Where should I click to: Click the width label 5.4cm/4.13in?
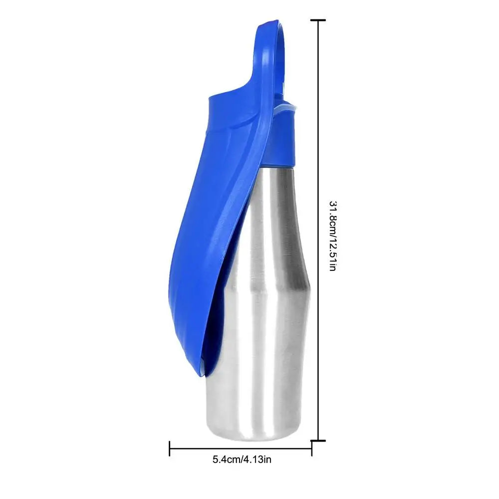(242, 459)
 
